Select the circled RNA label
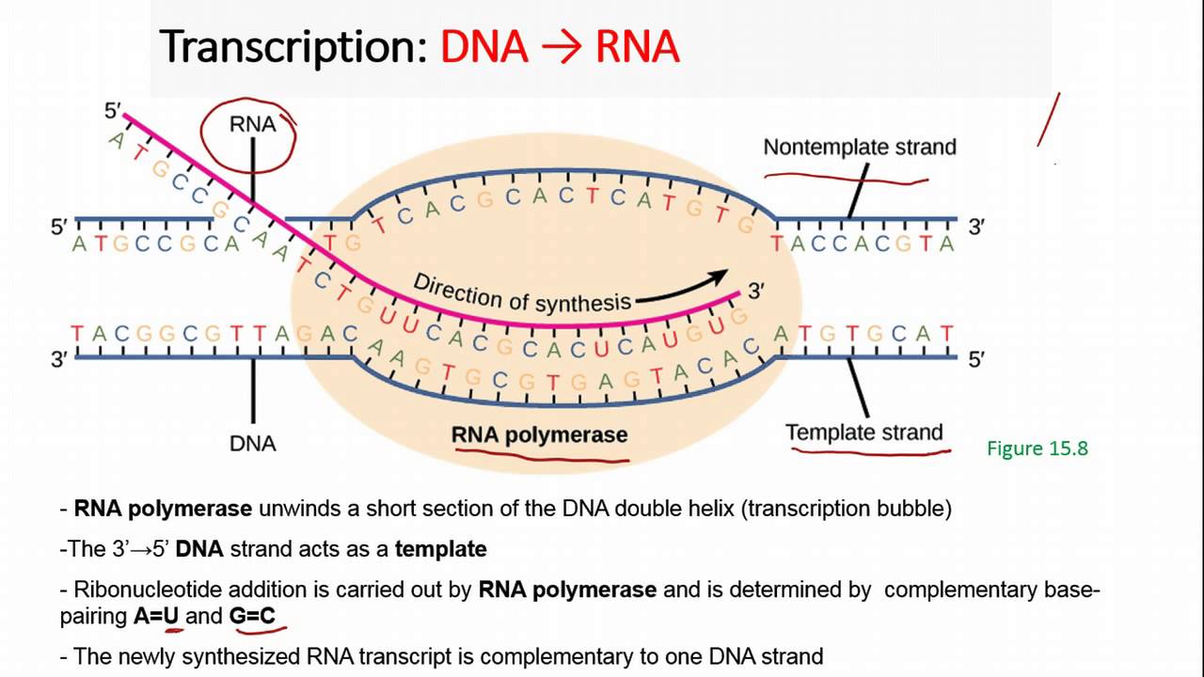(x=252, y=125)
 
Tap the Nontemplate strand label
(x=859, y=147)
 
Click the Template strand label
(x=863, y=433)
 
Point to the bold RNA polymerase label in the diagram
(x=539, y=434)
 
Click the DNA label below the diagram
(x=252, y=443)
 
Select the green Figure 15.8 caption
(x=1037, y=449)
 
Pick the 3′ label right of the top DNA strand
(x=977, y=227)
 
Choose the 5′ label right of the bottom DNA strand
(x=977, y=359)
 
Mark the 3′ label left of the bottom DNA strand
(x=59, y=359)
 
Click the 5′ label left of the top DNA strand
(x=59, y=227)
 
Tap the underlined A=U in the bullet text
(x=156, y=617)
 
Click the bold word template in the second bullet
(x=440, y=549)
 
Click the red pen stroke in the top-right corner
(x=1049, y=119)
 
